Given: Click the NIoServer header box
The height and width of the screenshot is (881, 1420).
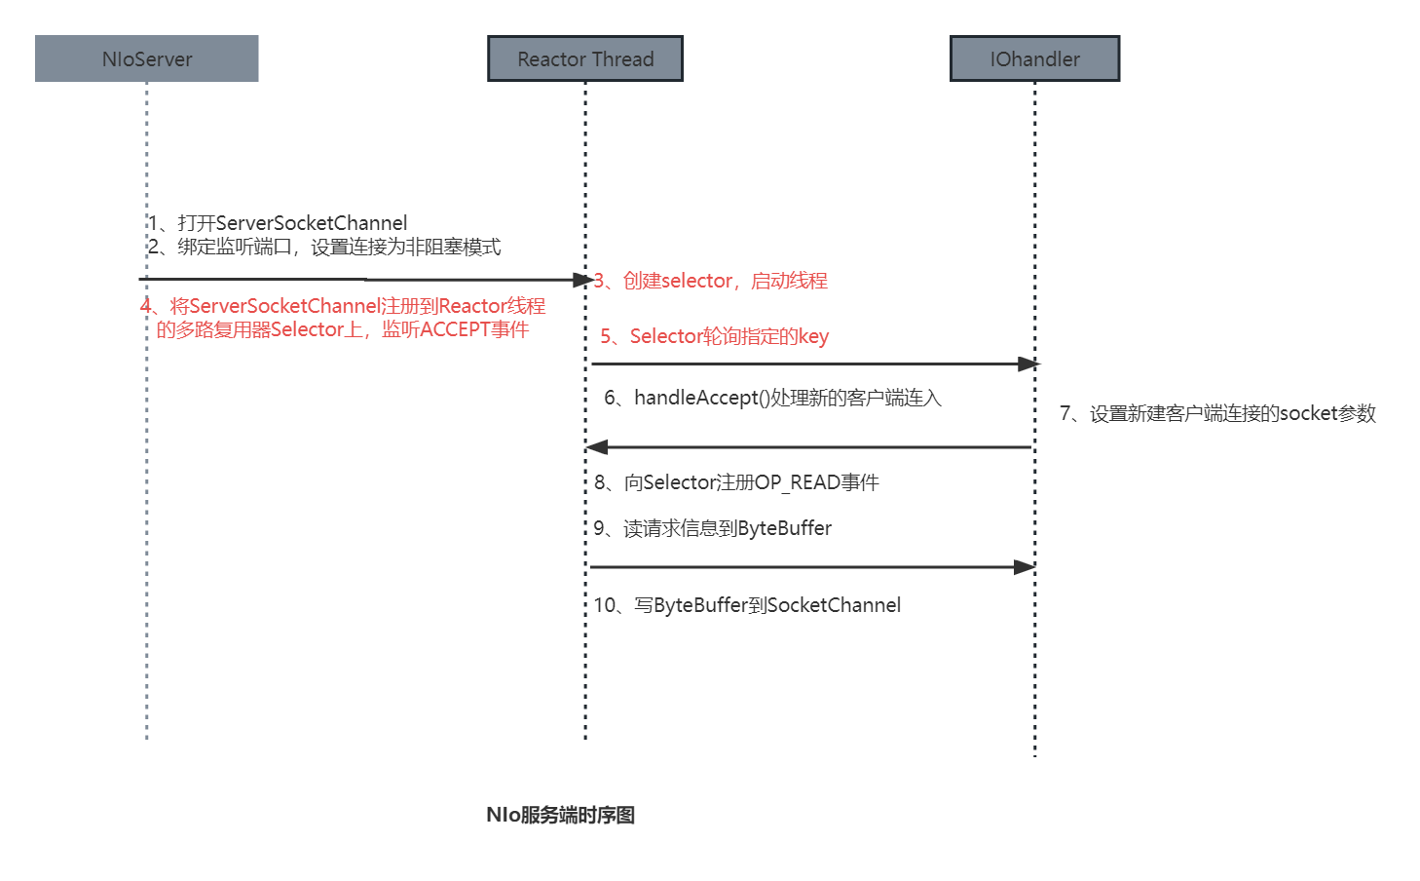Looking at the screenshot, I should point(146,58).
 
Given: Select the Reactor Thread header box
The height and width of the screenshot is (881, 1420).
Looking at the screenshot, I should point(585,58).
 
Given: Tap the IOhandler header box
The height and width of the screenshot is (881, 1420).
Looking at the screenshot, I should point(1034,58).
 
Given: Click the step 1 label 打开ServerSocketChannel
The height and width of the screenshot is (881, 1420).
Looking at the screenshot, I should point(279,223).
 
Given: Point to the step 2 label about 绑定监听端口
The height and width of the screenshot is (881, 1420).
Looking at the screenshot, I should point(325,247).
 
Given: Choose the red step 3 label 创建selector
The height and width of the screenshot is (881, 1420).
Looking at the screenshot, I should point(712,281).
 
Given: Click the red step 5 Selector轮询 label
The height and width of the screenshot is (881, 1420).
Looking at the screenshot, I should point(715,336).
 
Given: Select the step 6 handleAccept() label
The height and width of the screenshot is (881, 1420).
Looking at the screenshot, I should point(773,398).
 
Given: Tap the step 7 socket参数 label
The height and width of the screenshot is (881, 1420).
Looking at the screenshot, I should point(1218,413).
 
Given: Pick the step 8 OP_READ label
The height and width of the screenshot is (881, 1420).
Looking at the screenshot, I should point(737,482).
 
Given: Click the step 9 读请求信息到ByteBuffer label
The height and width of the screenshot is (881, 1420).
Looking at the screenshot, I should point(713,528).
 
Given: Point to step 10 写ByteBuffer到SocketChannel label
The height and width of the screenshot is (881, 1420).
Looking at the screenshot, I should point(748,605).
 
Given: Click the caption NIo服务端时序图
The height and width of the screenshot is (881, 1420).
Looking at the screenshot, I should point(560,815).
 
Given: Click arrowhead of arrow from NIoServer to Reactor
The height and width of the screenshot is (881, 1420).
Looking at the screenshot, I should point(582,281).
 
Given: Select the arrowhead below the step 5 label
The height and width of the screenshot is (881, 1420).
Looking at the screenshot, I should point(1028,364).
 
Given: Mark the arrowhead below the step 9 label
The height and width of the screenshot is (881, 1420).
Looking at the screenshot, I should point(1025,567).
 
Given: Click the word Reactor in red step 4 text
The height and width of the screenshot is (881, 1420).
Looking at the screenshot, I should point(471,306).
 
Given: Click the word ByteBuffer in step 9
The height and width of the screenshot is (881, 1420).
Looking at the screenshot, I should point(785,528).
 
